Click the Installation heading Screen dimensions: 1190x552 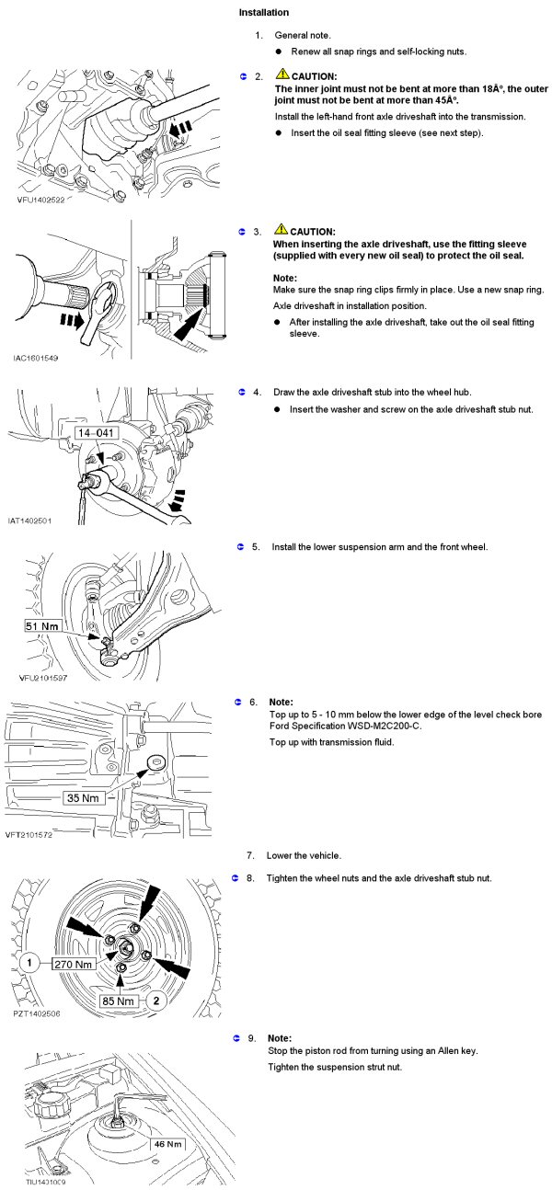(264, 13)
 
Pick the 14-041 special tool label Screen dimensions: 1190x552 (98, 432)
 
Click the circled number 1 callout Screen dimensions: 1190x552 (30, 964)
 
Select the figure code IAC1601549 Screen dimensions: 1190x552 (40, 358)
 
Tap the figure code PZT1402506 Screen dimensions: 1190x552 (40, 1013)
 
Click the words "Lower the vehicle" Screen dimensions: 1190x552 (304, 855)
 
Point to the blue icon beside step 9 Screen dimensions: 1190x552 (236, 1038)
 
